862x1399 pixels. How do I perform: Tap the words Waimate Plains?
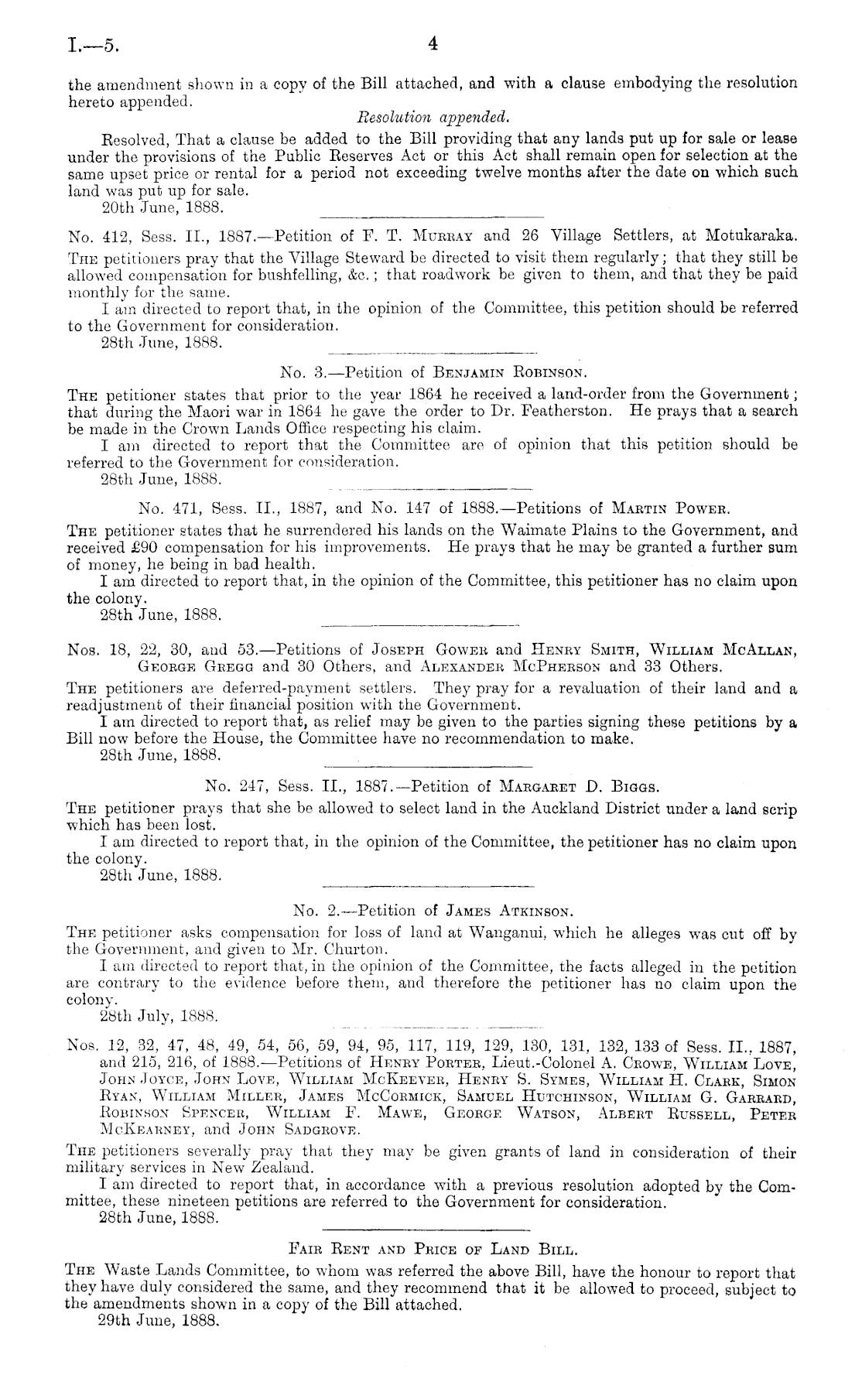click(553, 530)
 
